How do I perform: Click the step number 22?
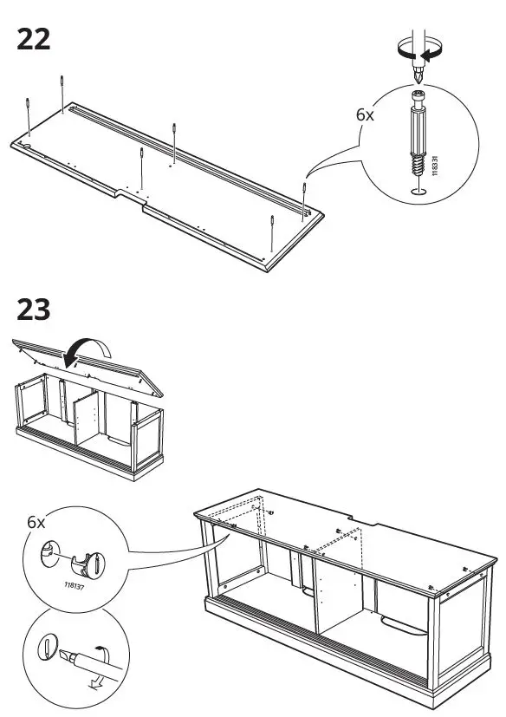[x=34, y=39]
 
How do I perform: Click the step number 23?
[x=34, y=310]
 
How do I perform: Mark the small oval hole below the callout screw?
[x=418, y=191]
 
